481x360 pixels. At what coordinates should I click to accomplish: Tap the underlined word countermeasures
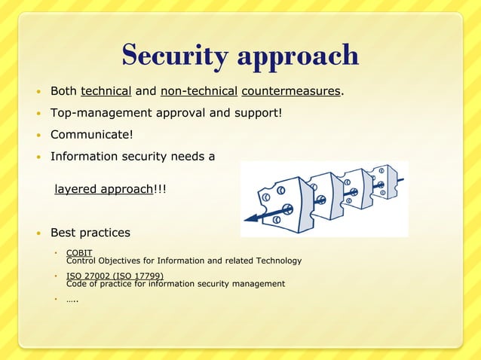tap(290, 92)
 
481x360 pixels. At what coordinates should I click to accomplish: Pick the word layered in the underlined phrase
tap(75, 189)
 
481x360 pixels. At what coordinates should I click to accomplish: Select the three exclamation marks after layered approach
tap(159, 189)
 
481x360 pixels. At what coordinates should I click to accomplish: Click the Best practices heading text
tap(90, 232)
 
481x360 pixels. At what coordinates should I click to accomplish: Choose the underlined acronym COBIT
tap(79, 252)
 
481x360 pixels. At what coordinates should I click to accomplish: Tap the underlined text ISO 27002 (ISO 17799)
tap(115, 276)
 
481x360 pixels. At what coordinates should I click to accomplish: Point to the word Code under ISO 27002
tap(77, 284)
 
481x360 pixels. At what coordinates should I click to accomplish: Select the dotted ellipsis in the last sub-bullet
tap(73, 300)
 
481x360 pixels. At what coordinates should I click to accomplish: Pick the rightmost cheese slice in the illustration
tap(384, 181)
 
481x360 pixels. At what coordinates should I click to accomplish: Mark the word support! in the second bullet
tap(258, 114)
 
